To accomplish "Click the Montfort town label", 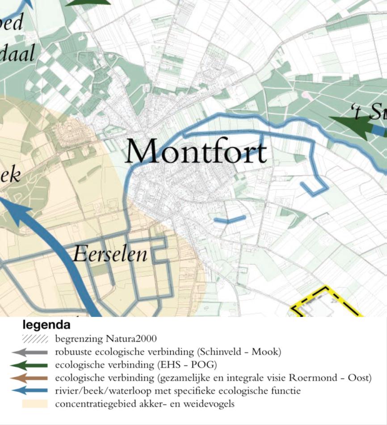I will [196, 152].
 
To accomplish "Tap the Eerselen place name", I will [110, 254].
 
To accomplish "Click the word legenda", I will [46, 325].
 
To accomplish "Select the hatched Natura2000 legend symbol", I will [35, 339].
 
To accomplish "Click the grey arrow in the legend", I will [30, 352].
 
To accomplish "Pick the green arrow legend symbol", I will [30, 365].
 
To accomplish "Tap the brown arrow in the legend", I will [30, 378].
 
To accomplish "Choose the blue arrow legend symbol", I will [30, 391].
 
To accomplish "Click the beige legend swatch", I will [35, 404].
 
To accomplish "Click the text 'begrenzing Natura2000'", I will [106, 339].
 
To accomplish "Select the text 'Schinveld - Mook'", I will [244, 352].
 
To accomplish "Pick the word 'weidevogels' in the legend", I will [210, 404].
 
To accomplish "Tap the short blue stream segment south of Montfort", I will [230, 219].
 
